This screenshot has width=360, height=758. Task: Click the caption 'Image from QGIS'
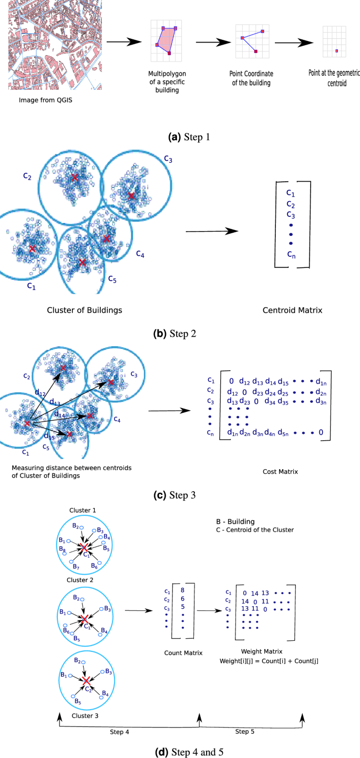(45, 100)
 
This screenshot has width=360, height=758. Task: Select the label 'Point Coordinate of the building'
(251, 78)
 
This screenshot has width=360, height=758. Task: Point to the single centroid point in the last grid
(337, 51)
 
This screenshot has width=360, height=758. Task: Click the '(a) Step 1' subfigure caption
(189, 137)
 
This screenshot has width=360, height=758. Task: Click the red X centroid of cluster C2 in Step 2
(75, 178)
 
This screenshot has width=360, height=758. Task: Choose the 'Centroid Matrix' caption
(292, 310)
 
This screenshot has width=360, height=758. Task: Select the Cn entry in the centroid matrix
(291, 254)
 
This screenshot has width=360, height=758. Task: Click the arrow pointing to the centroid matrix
(212, 231)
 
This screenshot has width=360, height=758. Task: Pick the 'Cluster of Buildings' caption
(84, 310)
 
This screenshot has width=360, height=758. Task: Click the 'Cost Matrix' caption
(280, 472)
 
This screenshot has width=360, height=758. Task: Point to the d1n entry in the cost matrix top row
(321, 382)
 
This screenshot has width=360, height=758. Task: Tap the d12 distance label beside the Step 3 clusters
(40, 393)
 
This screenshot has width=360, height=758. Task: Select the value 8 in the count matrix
(182, 590)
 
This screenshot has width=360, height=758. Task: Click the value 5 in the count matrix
(183, 607)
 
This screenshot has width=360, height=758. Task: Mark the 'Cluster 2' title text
(80, 580)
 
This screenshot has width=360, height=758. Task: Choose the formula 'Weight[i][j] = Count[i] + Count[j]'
(269, 661)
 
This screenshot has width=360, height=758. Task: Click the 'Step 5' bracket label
(244, 732)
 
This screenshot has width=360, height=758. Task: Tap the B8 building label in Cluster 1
(63, 549)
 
